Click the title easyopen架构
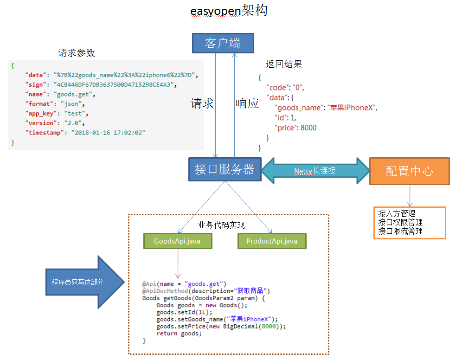(x=229, y=11)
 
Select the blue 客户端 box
(x=223, y=43)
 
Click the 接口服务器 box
(x=225, y=169)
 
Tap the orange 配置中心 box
(x=409, y=171)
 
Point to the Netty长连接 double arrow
(x=315, y=171)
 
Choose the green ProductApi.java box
(x=272, y=241)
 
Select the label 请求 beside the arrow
(x=202, y=103)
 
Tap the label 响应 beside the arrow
(x=247, y=103)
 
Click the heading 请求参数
(x=77, y=53)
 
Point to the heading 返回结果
(x=283, y=64)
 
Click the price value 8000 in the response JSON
(x=308, y=128)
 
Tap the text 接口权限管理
(x=400, y=222)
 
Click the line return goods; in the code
(x=179, y=334)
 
